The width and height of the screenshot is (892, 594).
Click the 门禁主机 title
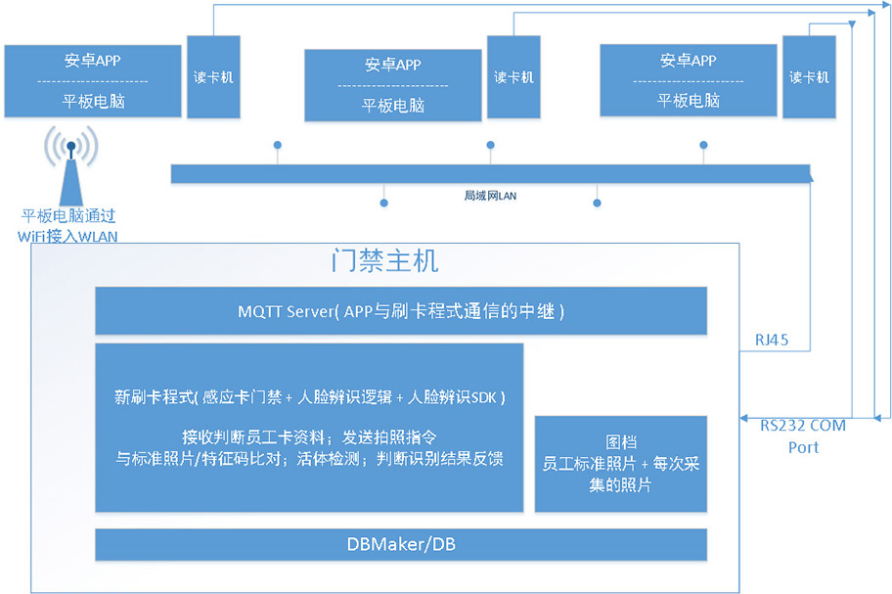click(x=383, y=262)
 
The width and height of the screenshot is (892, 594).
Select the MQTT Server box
click(x=400, y=311)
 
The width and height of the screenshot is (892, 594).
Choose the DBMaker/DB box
click(x=400, y=544)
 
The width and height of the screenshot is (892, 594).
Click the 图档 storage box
click(x=620, y=463)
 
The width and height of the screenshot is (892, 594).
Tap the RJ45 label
click(x=772, y=341)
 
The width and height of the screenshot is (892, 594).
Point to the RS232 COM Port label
click(x=802, y=436)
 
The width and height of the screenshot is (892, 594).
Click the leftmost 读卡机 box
click(x=212, y=77)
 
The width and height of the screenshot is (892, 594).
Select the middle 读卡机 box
click(x=513, y=77)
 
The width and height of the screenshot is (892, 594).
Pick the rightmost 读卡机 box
click(x=809, y=77)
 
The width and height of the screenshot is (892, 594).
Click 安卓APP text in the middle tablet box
click(x=393, y=65)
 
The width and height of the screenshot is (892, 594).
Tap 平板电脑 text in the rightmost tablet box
click(x=688, y=100)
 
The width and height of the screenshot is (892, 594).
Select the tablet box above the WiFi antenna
click(x=92, y=81)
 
